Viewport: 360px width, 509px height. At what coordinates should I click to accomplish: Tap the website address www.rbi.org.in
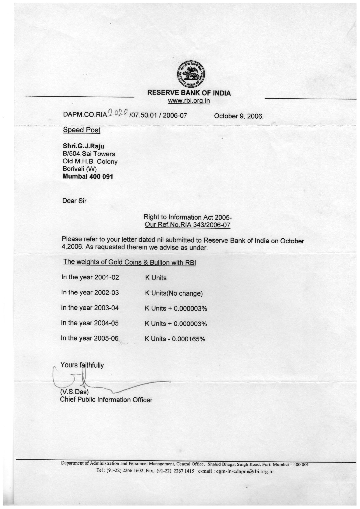[x=189, y=101]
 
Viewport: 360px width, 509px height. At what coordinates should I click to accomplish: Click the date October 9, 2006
[x=239, y=116]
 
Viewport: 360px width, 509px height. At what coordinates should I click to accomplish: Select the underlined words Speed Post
[x=82, y=130]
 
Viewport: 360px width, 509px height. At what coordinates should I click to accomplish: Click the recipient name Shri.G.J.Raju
[x=83, y=146]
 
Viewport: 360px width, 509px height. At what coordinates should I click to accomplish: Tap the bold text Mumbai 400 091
[x=88, y=176]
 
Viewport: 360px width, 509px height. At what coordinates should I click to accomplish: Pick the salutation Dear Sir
[x=74, y=201]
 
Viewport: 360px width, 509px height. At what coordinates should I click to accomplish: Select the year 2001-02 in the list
[x=106, y=277]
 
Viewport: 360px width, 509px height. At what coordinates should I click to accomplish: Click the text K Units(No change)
[x=174, y=293]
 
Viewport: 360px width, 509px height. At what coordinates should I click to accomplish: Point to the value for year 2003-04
[x=176, y=308]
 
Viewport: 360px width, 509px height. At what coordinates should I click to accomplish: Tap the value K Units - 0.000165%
[x=175, y=339]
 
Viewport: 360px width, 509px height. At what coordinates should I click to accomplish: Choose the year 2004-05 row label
[x=90, y=323]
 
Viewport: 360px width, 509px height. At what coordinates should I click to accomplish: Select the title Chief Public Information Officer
[x=106, y=400]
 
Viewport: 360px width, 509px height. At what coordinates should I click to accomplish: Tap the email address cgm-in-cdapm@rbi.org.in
[x=244, y=471]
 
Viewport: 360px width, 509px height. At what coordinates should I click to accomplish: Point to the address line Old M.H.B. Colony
[x=90, y=161]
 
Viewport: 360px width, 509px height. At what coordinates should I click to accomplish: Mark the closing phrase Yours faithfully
[x=82, y=365]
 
